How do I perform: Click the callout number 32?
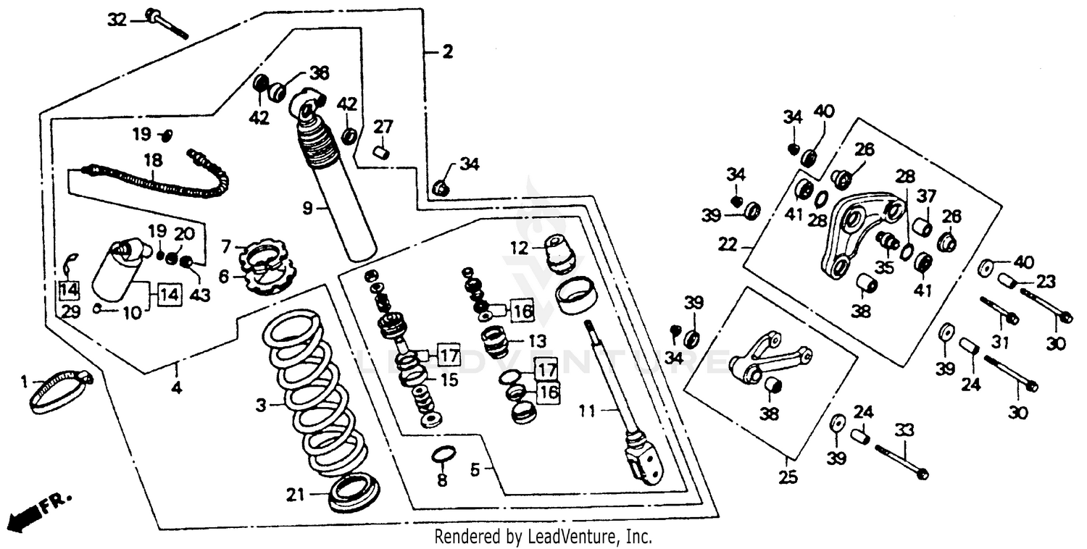tap(116, 20)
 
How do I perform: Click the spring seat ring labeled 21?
tap(354, 490)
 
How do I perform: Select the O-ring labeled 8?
tap(443, 455)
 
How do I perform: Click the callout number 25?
tap(788, 478)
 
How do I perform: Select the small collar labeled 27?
tap(382, 152)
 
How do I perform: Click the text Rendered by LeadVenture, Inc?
tap(543, 537)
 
